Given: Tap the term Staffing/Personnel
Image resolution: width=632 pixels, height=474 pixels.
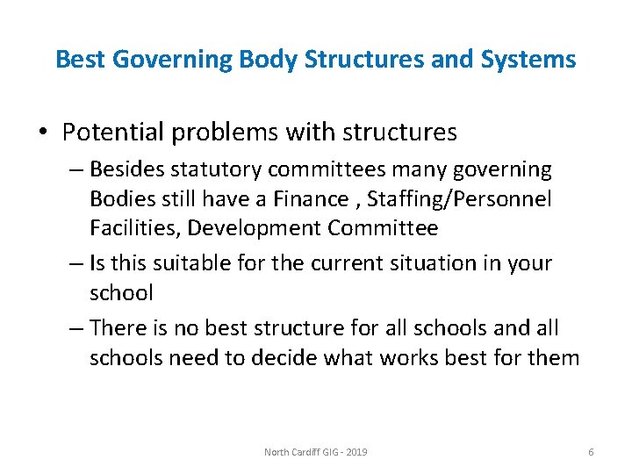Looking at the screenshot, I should [460, 199].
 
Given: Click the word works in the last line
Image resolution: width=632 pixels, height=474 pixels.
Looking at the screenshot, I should [431, 358].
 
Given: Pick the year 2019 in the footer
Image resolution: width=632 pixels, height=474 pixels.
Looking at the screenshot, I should [356, 452].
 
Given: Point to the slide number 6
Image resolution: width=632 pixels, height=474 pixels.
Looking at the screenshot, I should [591, 452].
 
